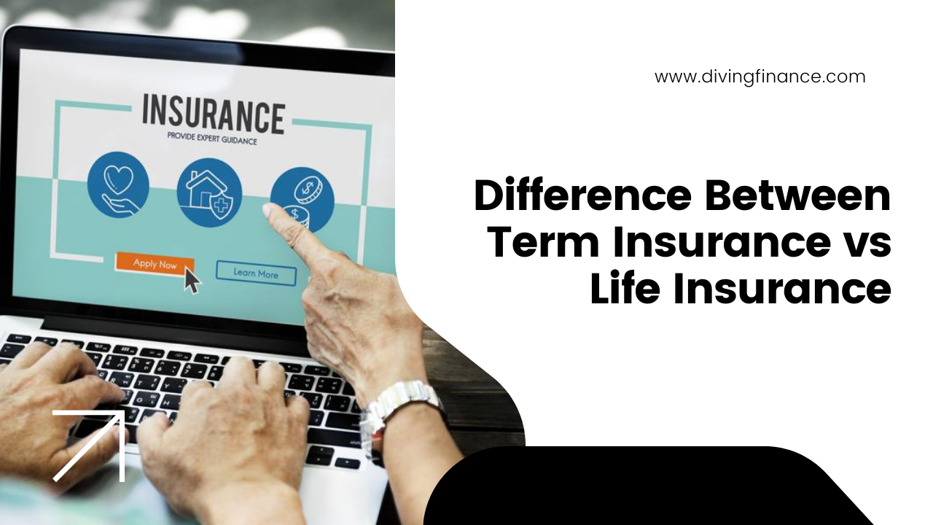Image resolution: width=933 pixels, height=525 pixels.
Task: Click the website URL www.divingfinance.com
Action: coord(760,77)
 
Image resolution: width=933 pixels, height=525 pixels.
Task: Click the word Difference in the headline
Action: coord(583,195)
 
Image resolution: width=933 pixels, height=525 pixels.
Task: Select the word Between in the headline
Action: coord(797,195)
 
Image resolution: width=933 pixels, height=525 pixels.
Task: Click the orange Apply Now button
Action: coord(155,264)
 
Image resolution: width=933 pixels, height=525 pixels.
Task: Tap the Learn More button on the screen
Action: coord(256,273)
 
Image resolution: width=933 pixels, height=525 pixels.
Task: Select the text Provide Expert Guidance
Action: coord(212,138)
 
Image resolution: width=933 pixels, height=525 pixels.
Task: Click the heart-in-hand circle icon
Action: coord(118,184)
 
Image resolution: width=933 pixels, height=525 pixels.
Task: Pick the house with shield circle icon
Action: coord(209,192)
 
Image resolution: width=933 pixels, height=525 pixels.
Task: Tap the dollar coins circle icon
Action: coord(302,199)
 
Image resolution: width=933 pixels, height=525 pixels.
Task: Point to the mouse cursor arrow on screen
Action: coord(192,281)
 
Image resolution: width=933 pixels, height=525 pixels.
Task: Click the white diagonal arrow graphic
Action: coord(89,446)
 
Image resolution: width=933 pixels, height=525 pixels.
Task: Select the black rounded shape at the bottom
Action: coord(649,486)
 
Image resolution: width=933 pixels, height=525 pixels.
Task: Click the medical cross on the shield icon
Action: coord(222,206)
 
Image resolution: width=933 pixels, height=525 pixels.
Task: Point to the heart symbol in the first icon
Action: coord(118,179)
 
